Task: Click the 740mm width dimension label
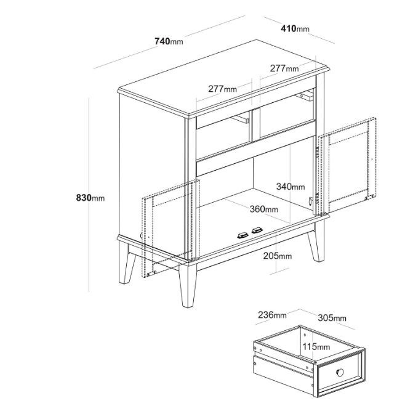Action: point(169,41)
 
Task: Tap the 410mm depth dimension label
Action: point(295,28)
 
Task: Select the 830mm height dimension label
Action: point(90,198)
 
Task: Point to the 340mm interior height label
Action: point(291,187)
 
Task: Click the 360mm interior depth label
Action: point(264,209)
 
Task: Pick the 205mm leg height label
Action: point(278,256)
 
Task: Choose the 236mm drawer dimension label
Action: point(272,315)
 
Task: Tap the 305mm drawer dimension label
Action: point(332,318)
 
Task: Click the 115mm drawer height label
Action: point(316,346)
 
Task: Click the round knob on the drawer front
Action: point(340,373)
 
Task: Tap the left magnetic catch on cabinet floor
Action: point(243,235)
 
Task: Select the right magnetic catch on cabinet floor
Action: point(257,230)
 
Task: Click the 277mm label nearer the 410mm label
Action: point(284,68)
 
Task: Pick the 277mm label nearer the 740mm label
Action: point(222,89)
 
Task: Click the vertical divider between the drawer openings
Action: point(255,125)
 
